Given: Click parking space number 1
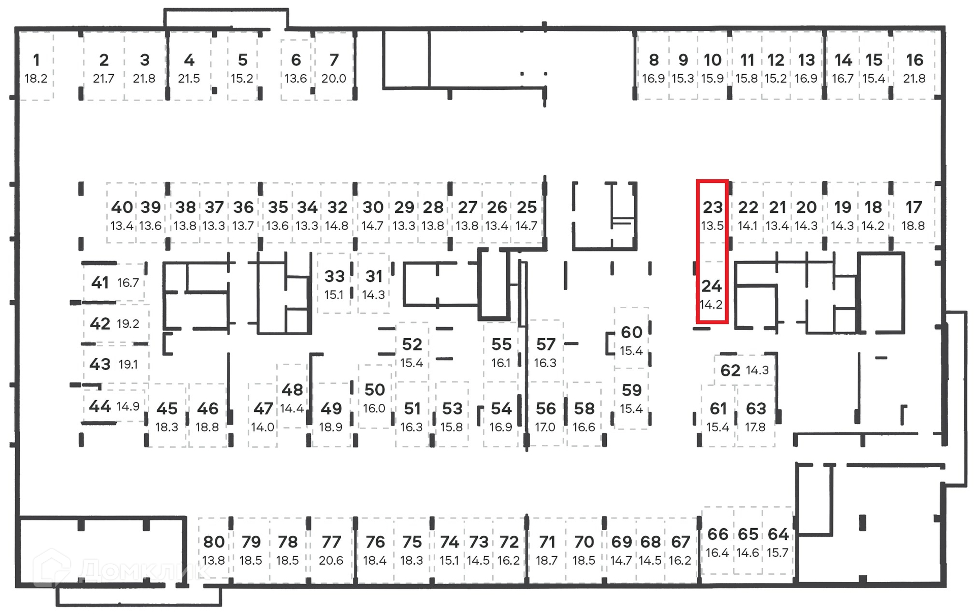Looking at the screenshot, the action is pyautogui.click(x=36, y=60).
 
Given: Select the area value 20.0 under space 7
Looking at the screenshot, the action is pyautogui.click(x=334, y=79).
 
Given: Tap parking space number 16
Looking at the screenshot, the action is pyautogui.click(x=914, y=60).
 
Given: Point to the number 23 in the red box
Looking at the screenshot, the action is pyautogui.click(x=712, y=207).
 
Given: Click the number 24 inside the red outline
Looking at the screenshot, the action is pyautogui.click(x=711, y=286).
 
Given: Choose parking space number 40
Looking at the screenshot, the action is pyautogui.click(x=122, y=207).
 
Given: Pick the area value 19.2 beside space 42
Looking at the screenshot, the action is pyautogui.click(x=128, y=324).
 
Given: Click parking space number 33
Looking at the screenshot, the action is pyautogui.click(x=334, y=276).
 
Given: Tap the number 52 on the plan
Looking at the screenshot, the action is pyautogui.click(x=412, y=344).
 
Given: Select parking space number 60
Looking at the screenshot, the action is pyautogui.click(x=631, y=332).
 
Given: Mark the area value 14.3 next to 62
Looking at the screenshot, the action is pyautogui.click(x=757, y=370).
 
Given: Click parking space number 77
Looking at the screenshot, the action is pyautogui.click(x=331, y=542).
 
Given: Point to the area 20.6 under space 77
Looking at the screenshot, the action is pyautogui.click(x=331, y=561).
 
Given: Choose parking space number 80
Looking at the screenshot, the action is pyautogui.click(x=214, y=542).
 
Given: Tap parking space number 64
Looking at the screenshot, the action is pyautogui.click(x=778, y=534).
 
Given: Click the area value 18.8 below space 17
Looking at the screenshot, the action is pyautogui.click(x=913, y=226).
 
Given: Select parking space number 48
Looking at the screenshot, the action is pyautogui.click(x=292, y=390).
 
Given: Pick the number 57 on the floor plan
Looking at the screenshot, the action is pyautogui.click(x=546, y=344).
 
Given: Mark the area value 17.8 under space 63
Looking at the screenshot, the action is pyautogui.click(x=755, y=427).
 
